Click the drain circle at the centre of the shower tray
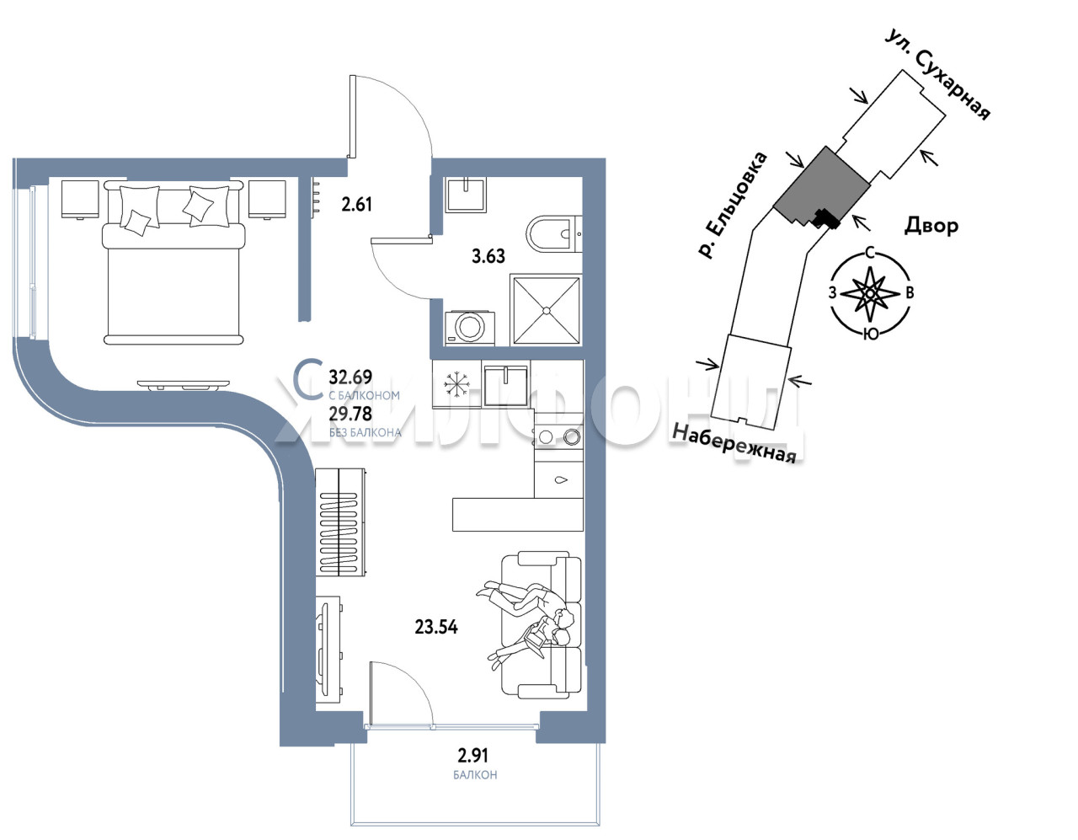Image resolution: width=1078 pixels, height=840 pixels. [x=546, y=310]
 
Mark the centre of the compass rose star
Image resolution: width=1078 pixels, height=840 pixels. [x=870, y=294]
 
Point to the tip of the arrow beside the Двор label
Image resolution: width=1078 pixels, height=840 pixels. [x=854, y=217]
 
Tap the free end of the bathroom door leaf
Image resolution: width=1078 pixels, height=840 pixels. [x=372, y=239]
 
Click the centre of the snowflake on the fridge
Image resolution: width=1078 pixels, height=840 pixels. [x=456, y=384]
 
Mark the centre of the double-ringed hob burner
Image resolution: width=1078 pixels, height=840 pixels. [x=572, y=436]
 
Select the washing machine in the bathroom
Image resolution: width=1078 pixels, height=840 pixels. [x=470, y=328]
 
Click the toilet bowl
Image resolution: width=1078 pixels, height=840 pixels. [x=553, y=233]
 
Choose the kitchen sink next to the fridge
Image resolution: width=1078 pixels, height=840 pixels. [x=505, y=386]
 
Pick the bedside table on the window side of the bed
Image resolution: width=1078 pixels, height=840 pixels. [x=80, y=199]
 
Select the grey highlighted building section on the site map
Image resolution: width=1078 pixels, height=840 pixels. [x=821, y=187]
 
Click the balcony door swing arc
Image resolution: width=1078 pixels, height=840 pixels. [x=408, y=688]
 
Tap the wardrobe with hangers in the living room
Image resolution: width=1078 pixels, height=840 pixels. [x=341, y=522]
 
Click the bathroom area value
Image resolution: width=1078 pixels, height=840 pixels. [x=488, y=256]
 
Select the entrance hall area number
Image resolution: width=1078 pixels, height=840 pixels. [x=356, y=204]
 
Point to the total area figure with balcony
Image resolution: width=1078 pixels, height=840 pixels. [x=350, y=377]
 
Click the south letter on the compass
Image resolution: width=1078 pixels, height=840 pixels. [x=871, y=334]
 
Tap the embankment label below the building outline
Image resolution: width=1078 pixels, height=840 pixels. [x=734, y=444]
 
